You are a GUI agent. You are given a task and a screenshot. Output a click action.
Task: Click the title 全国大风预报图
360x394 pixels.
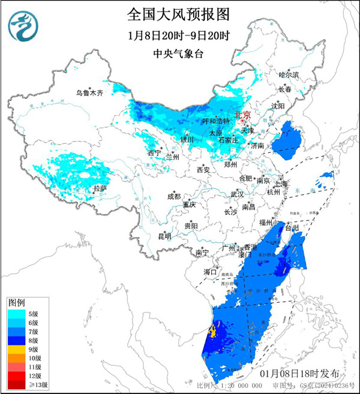click(x=179, y=13)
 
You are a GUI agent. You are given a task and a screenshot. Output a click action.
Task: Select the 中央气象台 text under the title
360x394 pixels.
click(x=179, y=53)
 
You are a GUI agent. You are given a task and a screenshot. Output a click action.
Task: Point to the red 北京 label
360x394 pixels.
click(x=242, y=114)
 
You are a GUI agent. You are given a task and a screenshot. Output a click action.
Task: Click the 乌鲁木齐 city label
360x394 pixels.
click(x=89, y=93)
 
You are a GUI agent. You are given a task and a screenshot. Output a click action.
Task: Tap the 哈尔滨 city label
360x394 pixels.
click(x=289, y=75)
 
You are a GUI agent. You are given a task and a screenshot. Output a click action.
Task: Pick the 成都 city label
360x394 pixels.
click(x=173, y=196)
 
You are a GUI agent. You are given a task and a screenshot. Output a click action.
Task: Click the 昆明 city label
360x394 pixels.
click(x=164, y=236)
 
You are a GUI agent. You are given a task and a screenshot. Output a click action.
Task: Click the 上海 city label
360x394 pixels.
click(x=281, y=184)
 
